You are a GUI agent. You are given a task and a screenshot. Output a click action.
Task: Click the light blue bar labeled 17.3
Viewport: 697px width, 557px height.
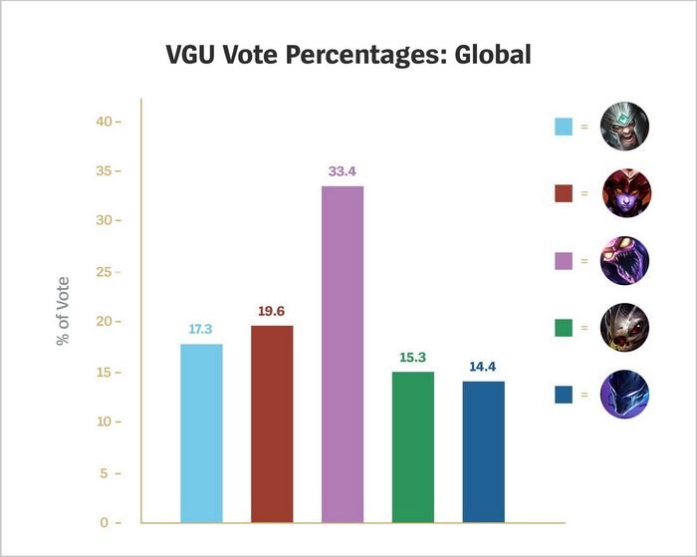(201, 433)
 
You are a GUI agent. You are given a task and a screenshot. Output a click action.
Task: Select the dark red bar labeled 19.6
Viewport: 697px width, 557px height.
(272, 423)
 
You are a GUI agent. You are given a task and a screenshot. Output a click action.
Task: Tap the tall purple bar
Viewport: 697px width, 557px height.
(343, 354)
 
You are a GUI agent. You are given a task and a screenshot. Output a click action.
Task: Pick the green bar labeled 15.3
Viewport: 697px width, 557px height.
(413, 446)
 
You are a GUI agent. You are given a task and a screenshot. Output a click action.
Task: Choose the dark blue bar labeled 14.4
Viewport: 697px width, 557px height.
(484, 451)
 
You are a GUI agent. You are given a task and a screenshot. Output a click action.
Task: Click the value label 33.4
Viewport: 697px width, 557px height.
(343, 172)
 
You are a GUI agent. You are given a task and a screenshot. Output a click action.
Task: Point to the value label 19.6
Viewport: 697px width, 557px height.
(272, 311)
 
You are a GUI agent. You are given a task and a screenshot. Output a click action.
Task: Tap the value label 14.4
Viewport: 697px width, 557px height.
(484, 367)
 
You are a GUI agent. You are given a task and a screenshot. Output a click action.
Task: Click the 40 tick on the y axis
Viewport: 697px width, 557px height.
(105, 122)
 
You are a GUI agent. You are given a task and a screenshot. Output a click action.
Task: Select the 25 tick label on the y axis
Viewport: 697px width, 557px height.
(105, 272)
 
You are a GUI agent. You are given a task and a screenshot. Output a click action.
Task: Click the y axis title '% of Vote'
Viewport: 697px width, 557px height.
(63, 311)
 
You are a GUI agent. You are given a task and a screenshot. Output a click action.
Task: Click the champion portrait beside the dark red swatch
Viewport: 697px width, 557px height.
(626, 193)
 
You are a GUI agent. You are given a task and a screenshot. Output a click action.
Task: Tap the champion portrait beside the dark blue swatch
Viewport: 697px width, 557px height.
(626, 396)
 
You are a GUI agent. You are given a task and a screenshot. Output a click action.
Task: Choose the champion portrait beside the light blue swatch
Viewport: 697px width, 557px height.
(626, 127)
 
